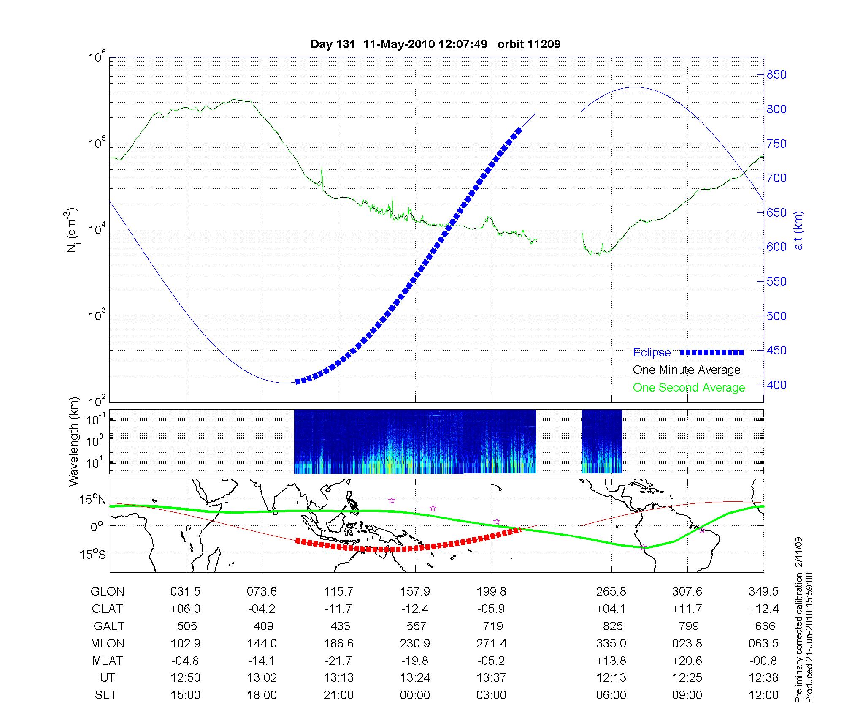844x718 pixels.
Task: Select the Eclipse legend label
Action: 652,353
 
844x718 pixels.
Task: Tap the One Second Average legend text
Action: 689,388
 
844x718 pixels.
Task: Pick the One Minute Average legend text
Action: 687,370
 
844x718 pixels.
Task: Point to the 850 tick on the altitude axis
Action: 776,75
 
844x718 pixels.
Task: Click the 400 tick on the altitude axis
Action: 776,385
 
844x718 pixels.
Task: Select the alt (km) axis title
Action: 798,231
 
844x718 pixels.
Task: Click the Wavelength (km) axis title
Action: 74,442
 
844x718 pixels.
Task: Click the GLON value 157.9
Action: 415,592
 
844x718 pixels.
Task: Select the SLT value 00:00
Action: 415,695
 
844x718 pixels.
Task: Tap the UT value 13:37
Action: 492,678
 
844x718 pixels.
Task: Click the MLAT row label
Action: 107,661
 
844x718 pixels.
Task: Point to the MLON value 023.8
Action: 687,643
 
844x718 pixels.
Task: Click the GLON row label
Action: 107,592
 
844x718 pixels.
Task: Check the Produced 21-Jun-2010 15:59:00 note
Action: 809,638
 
